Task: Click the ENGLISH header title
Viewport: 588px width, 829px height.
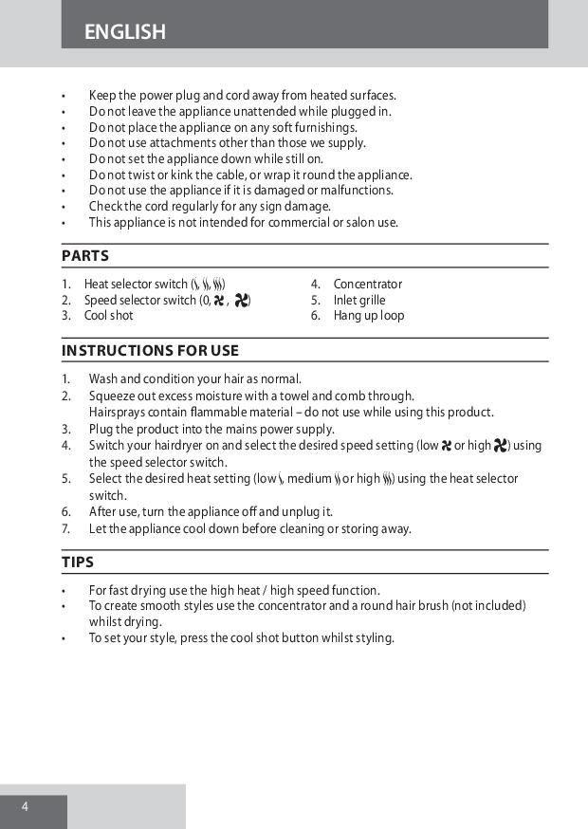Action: click(124, 32)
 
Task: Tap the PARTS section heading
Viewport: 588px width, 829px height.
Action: click(85, 256)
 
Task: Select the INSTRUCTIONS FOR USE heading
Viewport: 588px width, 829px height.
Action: click(150, 351)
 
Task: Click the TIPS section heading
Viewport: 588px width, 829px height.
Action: click(78, 562)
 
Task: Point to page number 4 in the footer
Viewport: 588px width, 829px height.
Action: click(26, 807)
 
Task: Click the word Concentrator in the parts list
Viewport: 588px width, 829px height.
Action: click(367, 284)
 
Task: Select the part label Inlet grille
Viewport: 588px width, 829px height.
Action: click(359, 300)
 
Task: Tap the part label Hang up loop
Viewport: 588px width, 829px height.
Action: click(368, 316)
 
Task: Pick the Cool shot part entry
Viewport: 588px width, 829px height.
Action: click(108, 316)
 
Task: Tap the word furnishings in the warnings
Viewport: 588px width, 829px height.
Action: click(325, 127)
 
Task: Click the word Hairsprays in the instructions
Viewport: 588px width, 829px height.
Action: click(118, 413)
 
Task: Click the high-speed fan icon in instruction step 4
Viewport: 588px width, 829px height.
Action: click(502, 446)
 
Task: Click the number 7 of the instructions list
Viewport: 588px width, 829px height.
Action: click(65, 528)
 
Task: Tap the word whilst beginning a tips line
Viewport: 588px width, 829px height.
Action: click(106, 622)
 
